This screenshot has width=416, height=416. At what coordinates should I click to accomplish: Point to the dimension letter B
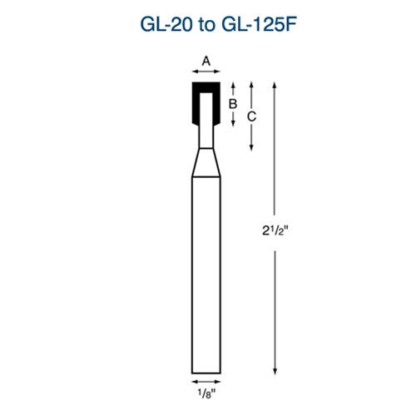pos(234,104)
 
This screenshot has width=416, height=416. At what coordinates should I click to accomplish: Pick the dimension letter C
pos(251,116)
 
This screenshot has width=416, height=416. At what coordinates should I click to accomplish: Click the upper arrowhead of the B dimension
pos(234,84)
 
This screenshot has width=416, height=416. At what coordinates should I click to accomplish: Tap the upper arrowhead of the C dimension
pos(251,84)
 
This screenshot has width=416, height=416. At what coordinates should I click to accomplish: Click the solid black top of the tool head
pos(206,86)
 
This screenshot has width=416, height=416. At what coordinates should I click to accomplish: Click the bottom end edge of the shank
pos(206,372)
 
